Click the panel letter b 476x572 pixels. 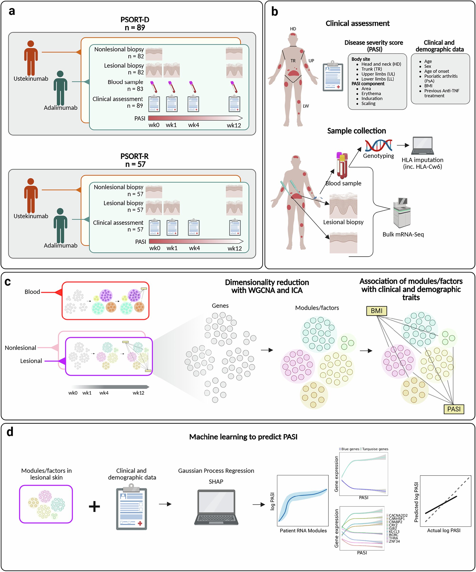click(275, 12)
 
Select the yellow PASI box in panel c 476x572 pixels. click(454, 409)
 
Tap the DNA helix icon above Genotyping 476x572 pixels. click(378, 145)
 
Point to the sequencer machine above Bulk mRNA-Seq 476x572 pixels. click(402, 213)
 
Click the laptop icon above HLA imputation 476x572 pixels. click(422, 146)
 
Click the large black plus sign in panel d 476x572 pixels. click(94, 507)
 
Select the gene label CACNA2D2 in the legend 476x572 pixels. click(398, 515)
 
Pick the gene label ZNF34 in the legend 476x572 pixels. click(394, 541)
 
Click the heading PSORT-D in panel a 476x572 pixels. click(135, 20)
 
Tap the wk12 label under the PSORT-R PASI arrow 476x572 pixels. click(234, 248)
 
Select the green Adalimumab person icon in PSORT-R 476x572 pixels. click(60, 226)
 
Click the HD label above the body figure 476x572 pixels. click(293, 29)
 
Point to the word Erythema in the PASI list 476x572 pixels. click(371, 93)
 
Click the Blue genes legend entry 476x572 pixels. click(350, 449)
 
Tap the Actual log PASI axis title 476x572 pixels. click(444, 530)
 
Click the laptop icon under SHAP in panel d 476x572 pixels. click(216, 507)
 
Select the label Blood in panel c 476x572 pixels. click(32, 292)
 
